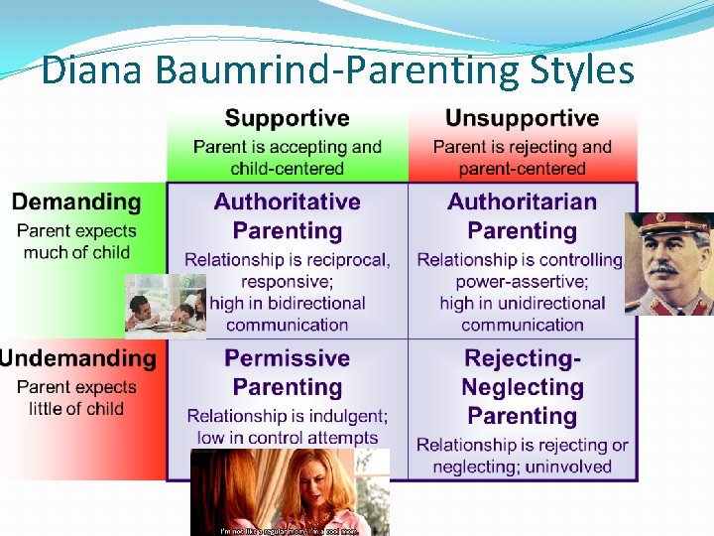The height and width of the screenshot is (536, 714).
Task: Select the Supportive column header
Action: pyautogui.click(x=287, y=119)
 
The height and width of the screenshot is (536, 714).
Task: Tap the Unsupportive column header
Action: pyautogui.click(x=522, y=119)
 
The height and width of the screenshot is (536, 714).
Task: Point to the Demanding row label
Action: pyautogui.click(x=76, y=202)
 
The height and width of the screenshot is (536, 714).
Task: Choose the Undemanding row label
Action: pyautogui.click(x=77, y=358)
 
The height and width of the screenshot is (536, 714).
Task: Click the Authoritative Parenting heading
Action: pyautogui.click(x=287, y=216)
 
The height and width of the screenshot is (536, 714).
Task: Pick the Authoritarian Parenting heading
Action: pyautogui.click(x=522, y=216)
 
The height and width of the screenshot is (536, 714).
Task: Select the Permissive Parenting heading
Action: pyautogui.click(x=287, y=372)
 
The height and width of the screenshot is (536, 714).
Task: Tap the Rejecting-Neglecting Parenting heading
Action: pyautogui.click(x=522, y=387)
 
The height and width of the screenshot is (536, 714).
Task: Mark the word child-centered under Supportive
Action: pyautogui.click(x=287, y=170)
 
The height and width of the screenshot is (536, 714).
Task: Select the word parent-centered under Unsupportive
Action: pyautogui.click(x=522, y=170)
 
